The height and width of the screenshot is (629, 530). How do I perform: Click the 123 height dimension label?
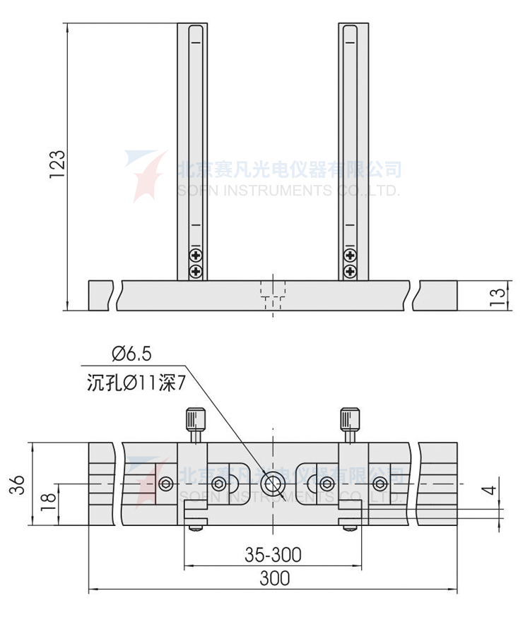coord(57,164)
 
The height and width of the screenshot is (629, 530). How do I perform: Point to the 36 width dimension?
coord(19,484)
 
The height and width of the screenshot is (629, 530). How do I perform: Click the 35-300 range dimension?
coord(273,555)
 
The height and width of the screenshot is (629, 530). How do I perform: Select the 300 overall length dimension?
coord(274,578)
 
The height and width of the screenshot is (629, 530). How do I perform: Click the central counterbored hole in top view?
coord(272,484)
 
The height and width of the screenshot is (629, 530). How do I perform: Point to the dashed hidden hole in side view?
coord(272,293)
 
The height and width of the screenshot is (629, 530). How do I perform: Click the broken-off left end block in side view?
coord(101,295)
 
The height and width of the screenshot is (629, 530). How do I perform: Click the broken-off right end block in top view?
coord(438,484)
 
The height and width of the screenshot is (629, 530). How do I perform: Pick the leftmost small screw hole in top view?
coord(165,484)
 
